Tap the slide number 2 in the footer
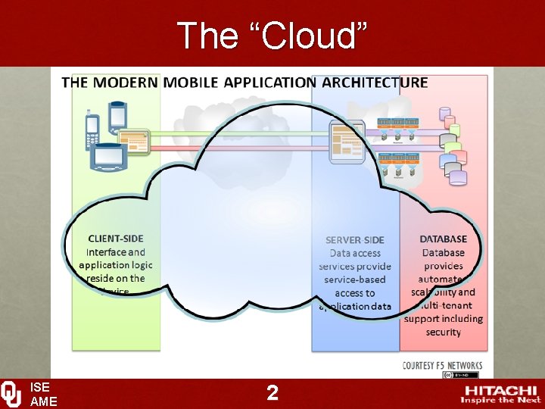[x=272, y=392]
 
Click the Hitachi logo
[x=500, y=392]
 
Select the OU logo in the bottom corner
[x=11, y=394]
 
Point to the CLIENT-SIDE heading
[x=116, y=239]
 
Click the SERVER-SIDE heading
[x=354, y=240]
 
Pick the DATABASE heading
[x=444, y=239]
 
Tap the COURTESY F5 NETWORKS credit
[x=443, y=365]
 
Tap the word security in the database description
[x=444, y=333]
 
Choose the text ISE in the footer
[x=39, y=387]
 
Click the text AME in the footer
[x=42, y=401]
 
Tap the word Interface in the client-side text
[x=106, y=252]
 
